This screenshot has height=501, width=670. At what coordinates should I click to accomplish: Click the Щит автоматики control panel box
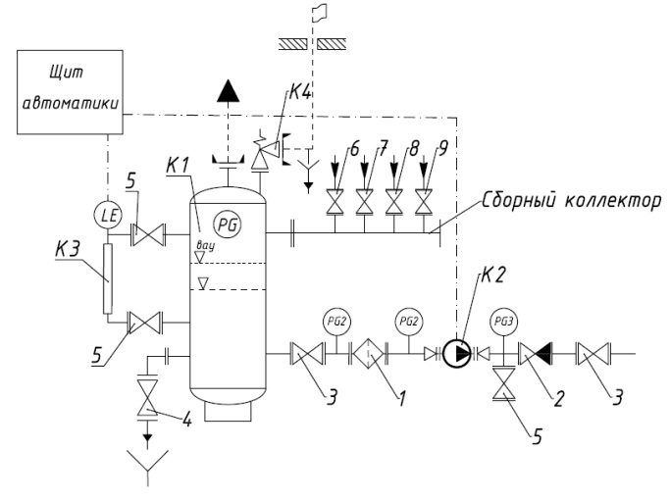pos(70,92)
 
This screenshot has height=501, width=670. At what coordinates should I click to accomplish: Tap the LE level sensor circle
pos(109,216)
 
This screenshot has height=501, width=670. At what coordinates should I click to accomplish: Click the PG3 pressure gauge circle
pos(504,322)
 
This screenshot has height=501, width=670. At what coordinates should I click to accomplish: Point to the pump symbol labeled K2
pos(456,354)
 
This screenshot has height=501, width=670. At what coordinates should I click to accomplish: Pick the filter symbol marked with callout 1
pos(368,354)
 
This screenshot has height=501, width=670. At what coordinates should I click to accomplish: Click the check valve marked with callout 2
pos(536,354)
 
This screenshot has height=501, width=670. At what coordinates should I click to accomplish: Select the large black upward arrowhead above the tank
pos(229,91)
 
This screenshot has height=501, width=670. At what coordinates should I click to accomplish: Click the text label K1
pos(178,165)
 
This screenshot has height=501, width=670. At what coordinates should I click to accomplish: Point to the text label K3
pos(67,249)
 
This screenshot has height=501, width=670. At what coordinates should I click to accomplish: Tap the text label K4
pos(301,91)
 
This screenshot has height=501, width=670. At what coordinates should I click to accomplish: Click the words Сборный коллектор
pos(572,200)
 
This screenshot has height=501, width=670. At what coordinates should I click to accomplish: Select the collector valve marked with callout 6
pos(335,202)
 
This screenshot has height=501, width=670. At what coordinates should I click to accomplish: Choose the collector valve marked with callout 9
pos(424,202)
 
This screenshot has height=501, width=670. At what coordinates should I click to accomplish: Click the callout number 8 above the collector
pos(413,149)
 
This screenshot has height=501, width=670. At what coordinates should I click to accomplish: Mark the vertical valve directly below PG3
pos(504,383)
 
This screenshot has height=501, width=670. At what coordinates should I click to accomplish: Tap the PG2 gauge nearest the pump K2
pos(409,322)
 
